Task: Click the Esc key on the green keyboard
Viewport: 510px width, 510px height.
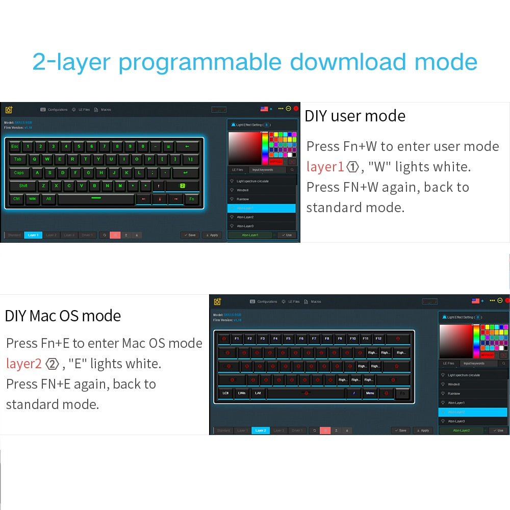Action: click(x=15, y=146)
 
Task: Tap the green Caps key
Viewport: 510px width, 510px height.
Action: click(x=19, y=172)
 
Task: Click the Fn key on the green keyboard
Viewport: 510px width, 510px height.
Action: click(x=192, y=199)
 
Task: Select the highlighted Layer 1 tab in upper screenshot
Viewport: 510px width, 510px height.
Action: click(x=33, y=235)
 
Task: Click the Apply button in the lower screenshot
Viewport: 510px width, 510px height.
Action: click(x=423, y=430)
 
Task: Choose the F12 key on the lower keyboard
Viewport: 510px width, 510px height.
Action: click(x=378, y=339)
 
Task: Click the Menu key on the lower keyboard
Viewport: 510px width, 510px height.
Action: click(x=370, y=393)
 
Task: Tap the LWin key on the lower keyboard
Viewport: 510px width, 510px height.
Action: click(x=241, y=393)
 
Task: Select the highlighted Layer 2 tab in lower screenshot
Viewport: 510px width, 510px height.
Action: click(x=261, y=430)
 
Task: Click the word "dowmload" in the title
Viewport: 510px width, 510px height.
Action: click(x=348, y=62)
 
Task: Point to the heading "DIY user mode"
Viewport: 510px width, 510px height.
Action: click(x=355, y=116)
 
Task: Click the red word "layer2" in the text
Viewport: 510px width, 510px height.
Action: click(x=23, y=364)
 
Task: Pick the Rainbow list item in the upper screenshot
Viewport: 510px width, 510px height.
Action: click(x=243, y=199)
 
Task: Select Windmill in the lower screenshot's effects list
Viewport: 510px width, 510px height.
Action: click(x=454, y=384)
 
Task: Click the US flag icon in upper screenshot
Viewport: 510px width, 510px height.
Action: click(x=264, y=109)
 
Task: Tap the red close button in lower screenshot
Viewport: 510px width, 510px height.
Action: click(x=507, y=300)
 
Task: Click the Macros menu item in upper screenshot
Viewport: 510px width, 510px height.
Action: click(x=106, y=110)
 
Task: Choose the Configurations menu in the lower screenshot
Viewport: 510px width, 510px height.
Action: click(x=267, y=301)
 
